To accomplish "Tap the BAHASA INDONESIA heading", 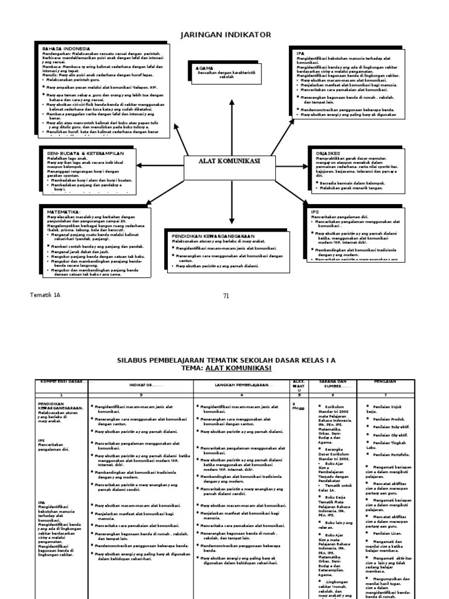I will (x=65, y=49).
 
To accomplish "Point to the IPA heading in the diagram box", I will (x=301, y=53).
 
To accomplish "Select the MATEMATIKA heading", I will (x=64, y=211).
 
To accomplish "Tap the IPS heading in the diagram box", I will (x=315, y=211).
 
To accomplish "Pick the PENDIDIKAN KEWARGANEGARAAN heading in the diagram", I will (x=215, y=236).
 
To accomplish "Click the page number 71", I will (x=226, y=295).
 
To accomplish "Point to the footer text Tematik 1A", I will (x=45, y=295).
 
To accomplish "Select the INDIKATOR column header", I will (x=140, y=385).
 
